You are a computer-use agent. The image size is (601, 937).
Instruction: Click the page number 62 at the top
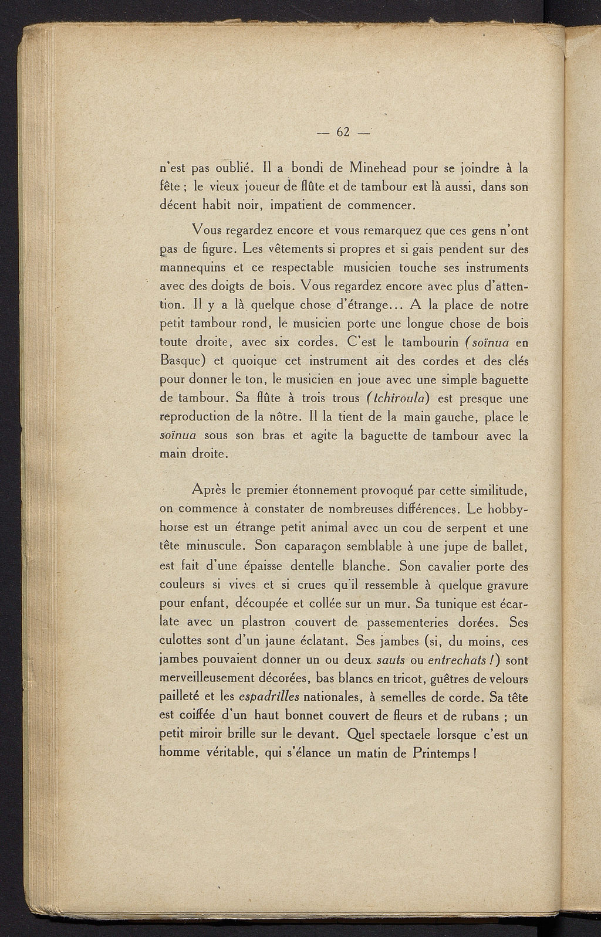343,133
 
